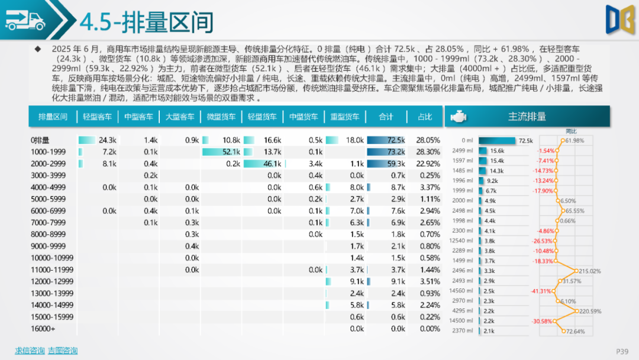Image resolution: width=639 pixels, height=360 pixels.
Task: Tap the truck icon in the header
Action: [25, 22]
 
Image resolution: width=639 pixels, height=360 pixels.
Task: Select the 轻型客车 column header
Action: [97, 117]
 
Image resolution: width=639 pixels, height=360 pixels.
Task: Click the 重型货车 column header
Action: [344, 117]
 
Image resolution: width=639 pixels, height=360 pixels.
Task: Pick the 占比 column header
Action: [425, 117]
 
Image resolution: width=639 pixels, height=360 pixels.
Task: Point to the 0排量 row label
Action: [40, 140]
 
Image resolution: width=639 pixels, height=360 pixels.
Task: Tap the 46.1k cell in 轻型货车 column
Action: [272, 163]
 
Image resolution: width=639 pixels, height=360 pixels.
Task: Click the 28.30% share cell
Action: [428, 152]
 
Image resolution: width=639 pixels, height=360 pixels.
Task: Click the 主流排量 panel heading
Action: [527, 117]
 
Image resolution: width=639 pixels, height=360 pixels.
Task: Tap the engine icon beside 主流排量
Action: [458, 117]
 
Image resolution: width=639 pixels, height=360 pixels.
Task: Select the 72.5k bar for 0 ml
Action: [497, 141]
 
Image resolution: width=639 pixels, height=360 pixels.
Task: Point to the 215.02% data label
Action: [589, 271]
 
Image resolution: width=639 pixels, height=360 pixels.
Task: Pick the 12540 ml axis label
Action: [461, 241]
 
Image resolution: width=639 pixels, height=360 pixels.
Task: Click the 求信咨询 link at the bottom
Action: [30, 351]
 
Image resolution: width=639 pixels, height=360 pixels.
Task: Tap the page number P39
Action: [622, 351]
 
